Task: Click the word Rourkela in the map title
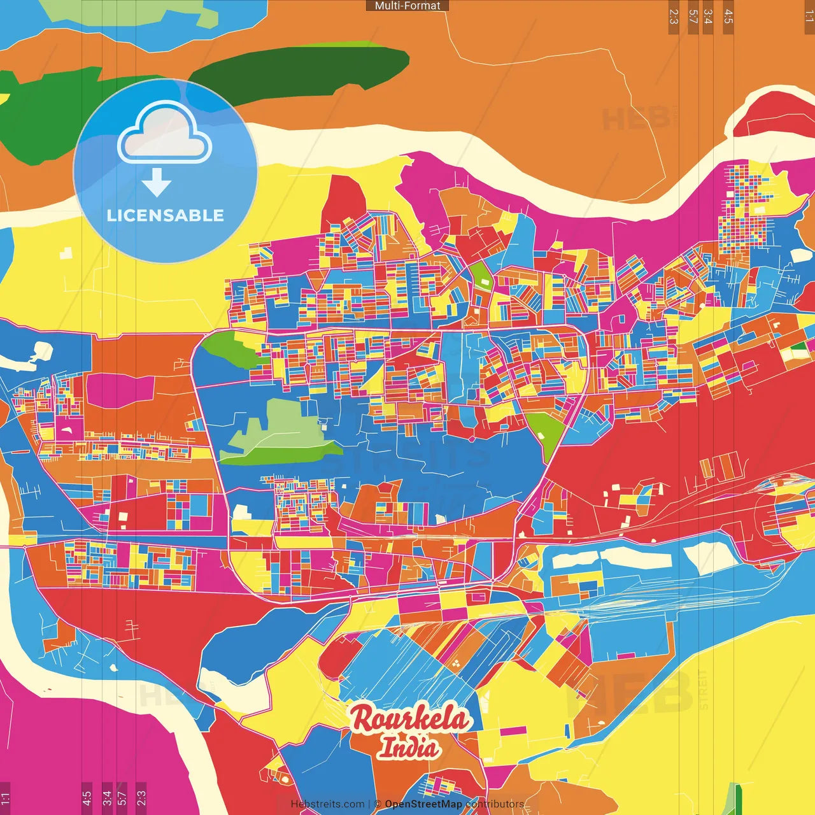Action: tap(410, 719)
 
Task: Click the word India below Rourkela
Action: tap(409, 747)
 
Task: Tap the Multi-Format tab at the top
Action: tap(407, 6)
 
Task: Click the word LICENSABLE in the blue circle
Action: tap(166, 215)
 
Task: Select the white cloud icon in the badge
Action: tap(165, 132)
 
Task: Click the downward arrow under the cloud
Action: tap(157, 182)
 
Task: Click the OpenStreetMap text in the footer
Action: tap(423, 804)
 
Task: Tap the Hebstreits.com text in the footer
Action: tap(327, 804)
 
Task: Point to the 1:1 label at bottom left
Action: tap(5, 798)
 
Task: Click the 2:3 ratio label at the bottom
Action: tap(141, 798)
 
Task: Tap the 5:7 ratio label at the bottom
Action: tap(122, 798)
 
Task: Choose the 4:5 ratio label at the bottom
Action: tap(87, 798)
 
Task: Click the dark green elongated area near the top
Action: tap(299, 67)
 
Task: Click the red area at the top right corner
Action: tap(780, 118)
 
